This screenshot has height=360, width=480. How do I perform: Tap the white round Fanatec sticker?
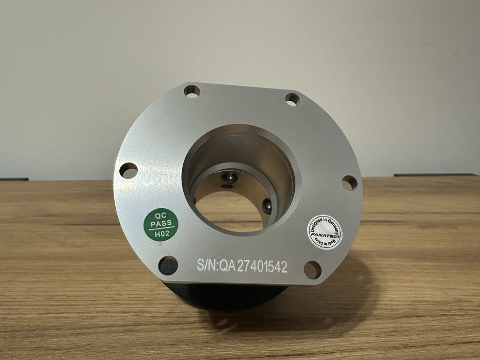coord(325,231)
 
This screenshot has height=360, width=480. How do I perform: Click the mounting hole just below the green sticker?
coord(168,265)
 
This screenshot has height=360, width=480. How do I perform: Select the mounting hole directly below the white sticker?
coord(312,269)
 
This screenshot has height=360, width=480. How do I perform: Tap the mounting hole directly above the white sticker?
coord(349,183)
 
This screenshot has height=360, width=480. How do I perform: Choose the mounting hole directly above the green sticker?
coord(129,170)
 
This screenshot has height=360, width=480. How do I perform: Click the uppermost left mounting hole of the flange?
coord(192,92)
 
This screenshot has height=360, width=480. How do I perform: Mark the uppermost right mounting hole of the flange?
coord(293,99)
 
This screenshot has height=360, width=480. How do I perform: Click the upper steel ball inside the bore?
coord(227,178)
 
